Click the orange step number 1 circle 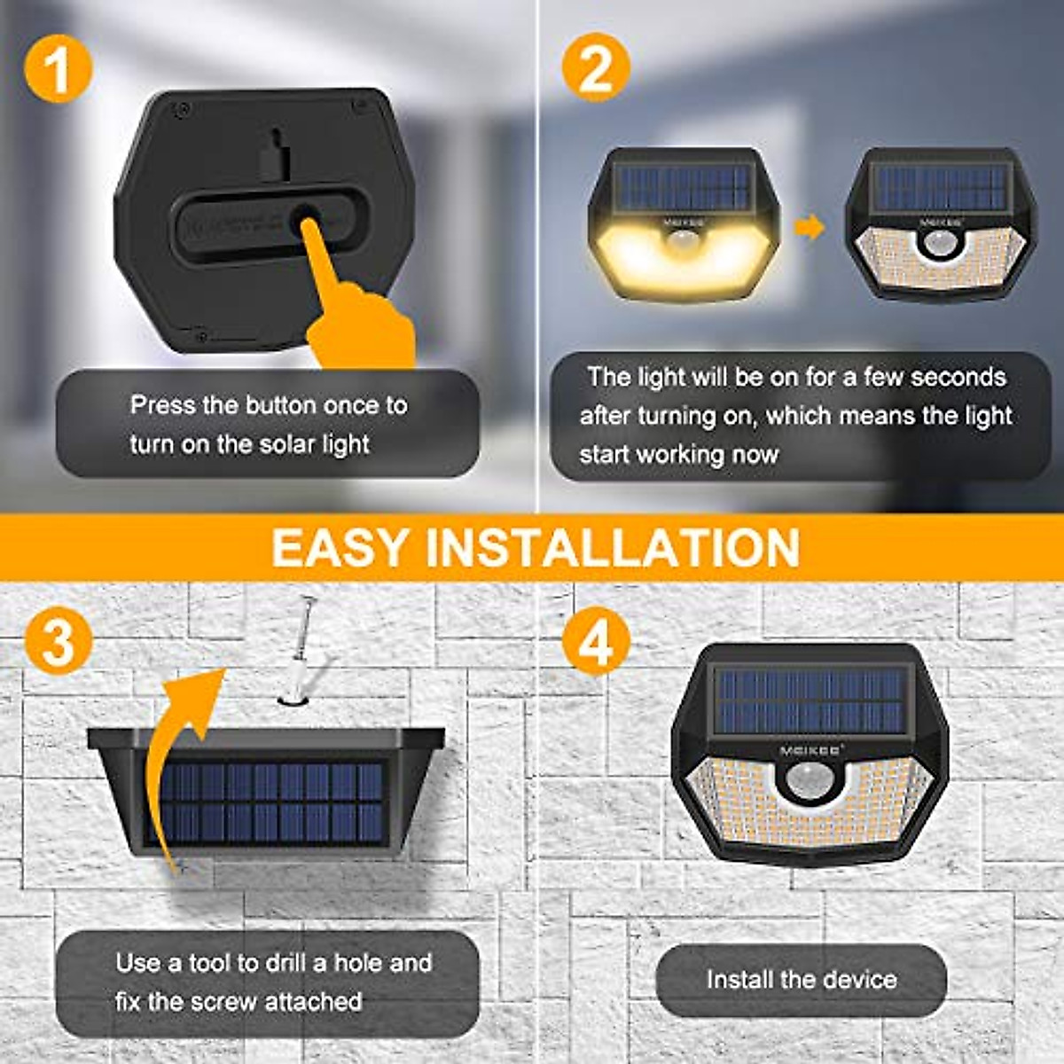(59, 68)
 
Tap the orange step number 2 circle (596, 68)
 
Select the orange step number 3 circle (59, 641)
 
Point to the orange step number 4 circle (596, 641)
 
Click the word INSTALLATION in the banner (613, 547)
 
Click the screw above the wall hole (301, 643)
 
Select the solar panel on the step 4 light (810, 700)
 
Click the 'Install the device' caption (802, 980)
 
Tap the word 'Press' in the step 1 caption (163, 405)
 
